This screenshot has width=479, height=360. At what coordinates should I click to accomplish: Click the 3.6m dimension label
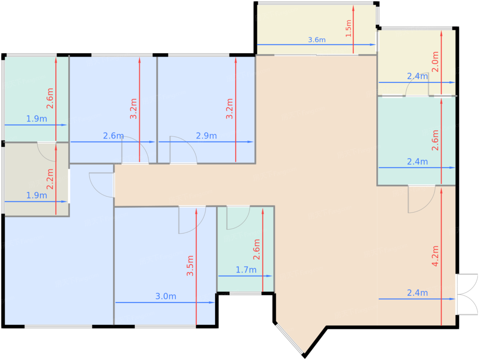point(316,40)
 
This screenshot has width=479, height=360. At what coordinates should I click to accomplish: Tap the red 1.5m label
point(349,28)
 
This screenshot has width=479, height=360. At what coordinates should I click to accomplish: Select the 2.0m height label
point(435,62)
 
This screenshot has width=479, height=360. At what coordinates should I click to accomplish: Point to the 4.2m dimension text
point(435,256)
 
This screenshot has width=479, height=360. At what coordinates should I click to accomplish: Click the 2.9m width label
point(206,136)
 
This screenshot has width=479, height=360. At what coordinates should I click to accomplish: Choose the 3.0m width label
point(166,296)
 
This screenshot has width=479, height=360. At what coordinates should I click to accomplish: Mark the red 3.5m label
point(190,266)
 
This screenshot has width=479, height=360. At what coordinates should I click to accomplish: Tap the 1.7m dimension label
point(246,270)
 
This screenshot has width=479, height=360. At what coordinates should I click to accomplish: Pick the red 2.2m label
point(50,179)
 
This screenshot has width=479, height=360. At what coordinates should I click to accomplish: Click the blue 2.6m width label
point(113,136)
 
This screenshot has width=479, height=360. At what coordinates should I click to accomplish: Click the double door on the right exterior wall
point(467,294)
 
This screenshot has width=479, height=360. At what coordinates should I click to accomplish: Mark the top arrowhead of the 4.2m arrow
point(441,191)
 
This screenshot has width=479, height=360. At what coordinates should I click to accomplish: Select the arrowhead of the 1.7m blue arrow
point(269,276)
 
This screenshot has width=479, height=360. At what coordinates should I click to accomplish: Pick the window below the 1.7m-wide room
point(245,293)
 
